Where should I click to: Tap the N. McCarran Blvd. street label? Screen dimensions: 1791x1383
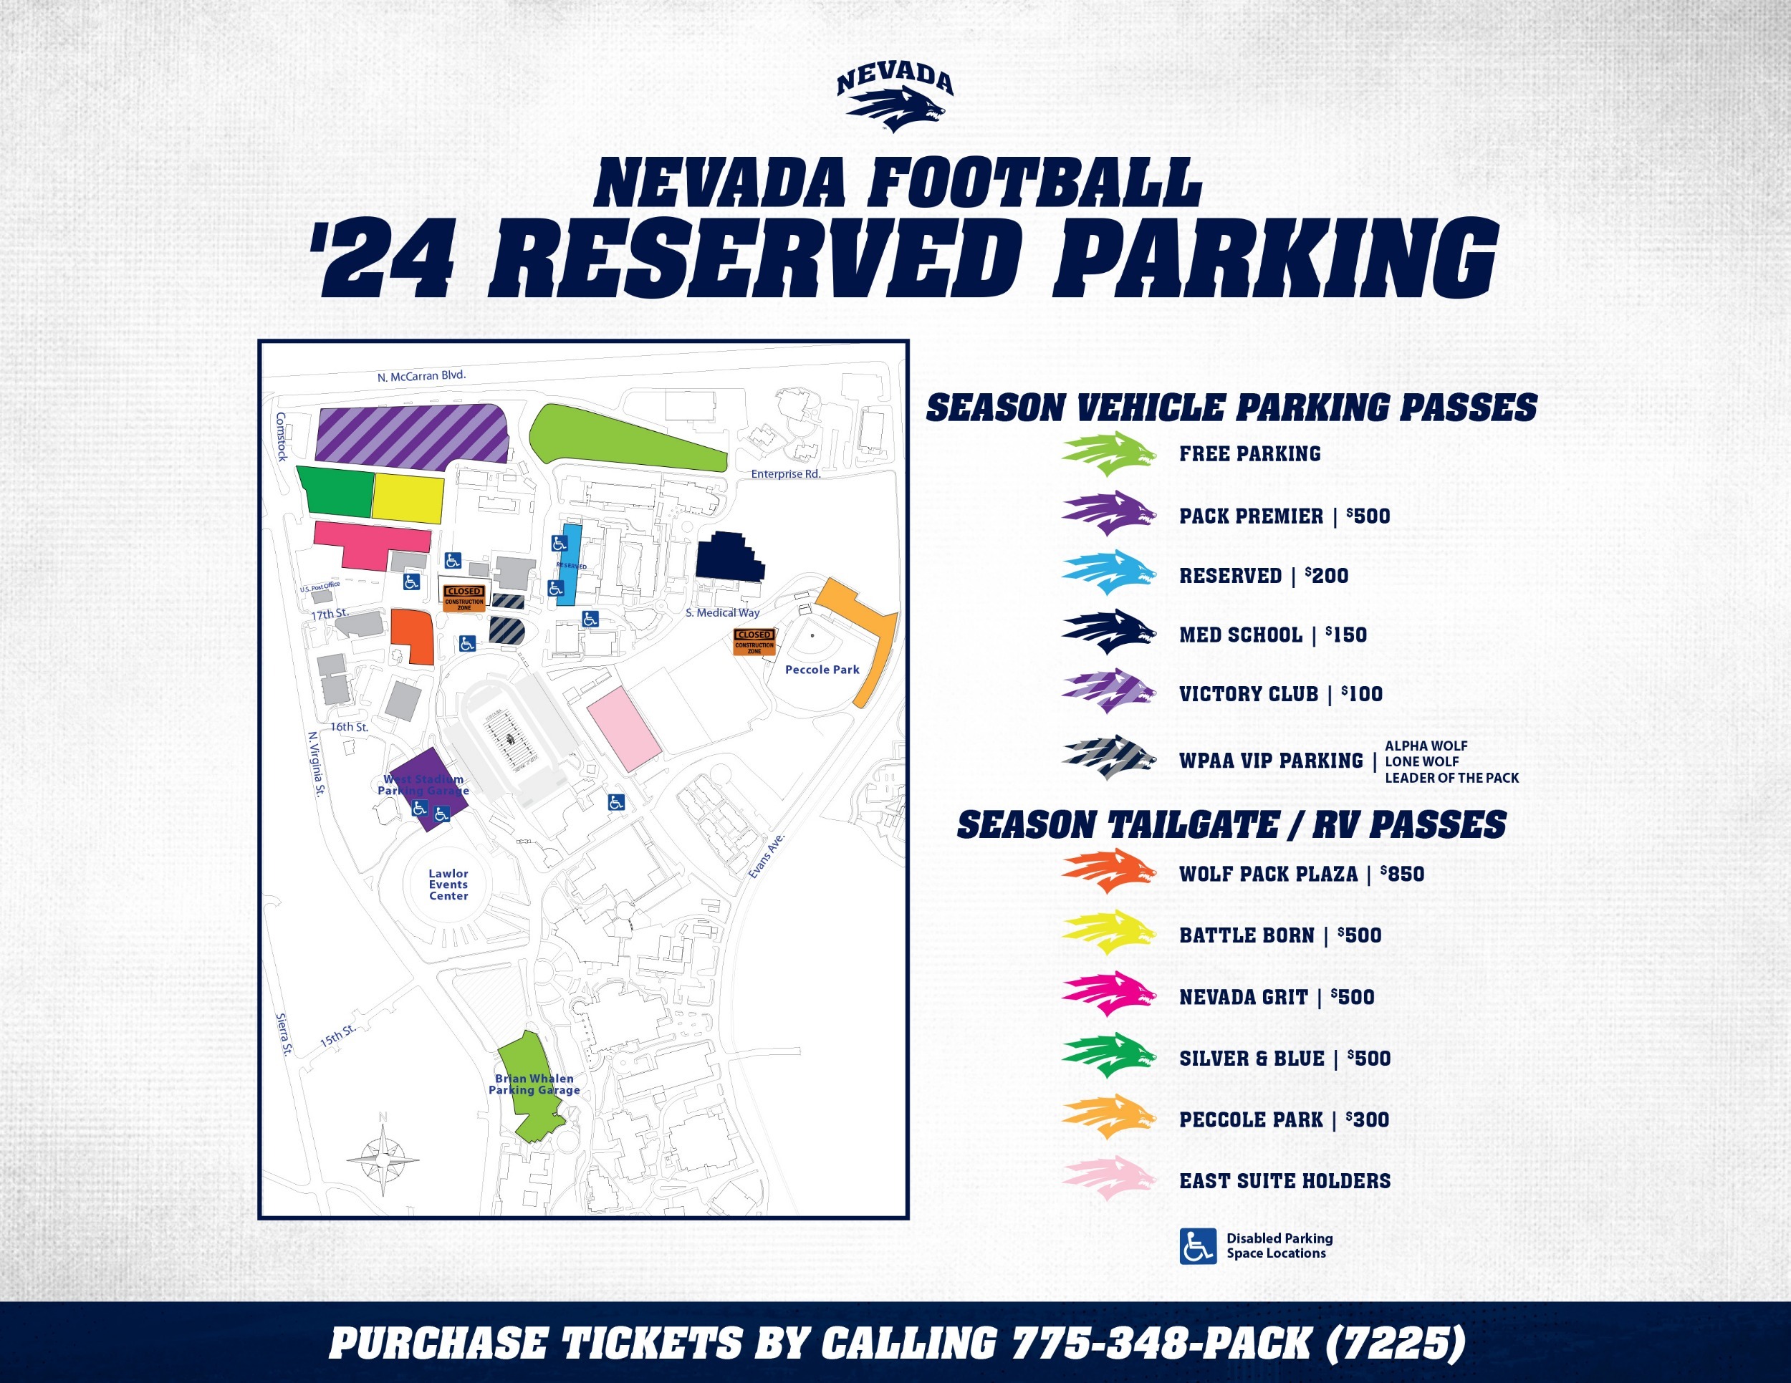click(x=421, y=376)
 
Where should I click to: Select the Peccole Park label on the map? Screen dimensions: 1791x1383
click(x=822, y=670)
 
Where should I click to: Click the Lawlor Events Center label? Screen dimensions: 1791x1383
click(x=448, y=885)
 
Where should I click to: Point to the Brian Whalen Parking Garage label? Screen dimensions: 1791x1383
click(x=534, y=1084)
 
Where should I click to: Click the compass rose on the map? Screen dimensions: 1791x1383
click(x=383, y=1160)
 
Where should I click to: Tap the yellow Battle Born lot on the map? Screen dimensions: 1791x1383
click(x=408, y=498)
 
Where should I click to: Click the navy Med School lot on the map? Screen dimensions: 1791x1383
click(x=729, y=556)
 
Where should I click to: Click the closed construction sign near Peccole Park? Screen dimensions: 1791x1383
click(x=754, y=641)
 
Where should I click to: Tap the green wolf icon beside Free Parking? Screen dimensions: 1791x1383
click(x=1109, y=454)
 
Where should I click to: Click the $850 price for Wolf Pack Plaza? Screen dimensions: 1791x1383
click(x=1402, y=874)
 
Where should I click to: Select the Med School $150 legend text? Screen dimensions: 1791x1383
click(x=1273, y=635)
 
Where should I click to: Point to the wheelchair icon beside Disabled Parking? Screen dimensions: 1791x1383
click(x=1197, y=1246)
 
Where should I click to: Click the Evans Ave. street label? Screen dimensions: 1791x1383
click(x=767, y=857)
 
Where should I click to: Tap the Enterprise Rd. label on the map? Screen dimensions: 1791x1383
click(x=786, y=474)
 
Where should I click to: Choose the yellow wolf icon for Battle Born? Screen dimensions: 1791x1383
click(x=1109, y=933)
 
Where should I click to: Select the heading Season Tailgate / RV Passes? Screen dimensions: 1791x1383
click(x=1231, y=825)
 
